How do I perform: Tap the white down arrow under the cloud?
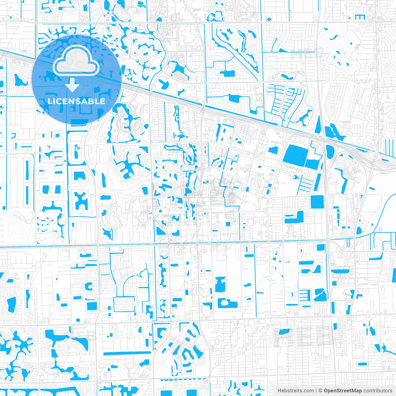(72, 85)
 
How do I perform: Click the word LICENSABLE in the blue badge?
(76, 101)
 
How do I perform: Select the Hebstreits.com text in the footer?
(295, 391)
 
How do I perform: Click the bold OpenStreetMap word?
(343, 391)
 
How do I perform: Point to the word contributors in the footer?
(378, 391)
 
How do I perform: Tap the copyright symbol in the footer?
(321, 391)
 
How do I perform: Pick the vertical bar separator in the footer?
(316, 391)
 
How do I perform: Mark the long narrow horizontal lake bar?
(127, 353)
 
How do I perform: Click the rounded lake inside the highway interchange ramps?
(330, 151)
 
